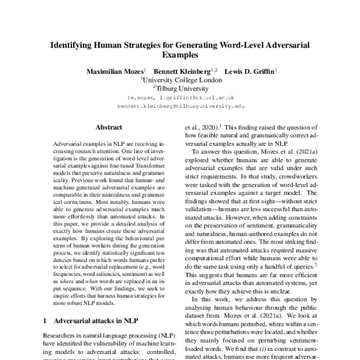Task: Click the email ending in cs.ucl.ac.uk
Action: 181,97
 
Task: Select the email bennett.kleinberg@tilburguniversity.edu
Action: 181,106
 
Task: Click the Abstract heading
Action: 109,127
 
